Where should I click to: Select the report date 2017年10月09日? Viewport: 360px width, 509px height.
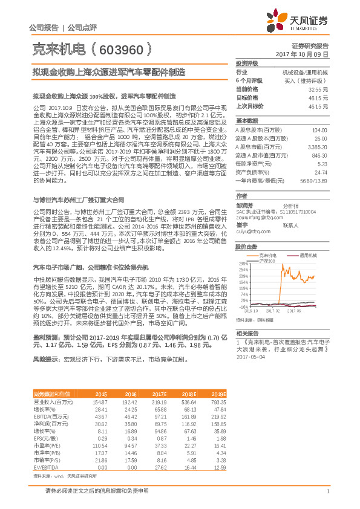coord(306,54)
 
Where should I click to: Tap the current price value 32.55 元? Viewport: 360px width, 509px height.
coord(318,89)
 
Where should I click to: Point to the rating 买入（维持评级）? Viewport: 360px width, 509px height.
coord(306,80)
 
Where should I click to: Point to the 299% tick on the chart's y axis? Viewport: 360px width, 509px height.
coord(243,247)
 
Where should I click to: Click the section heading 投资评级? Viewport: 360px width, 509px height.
coord(247,63)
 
